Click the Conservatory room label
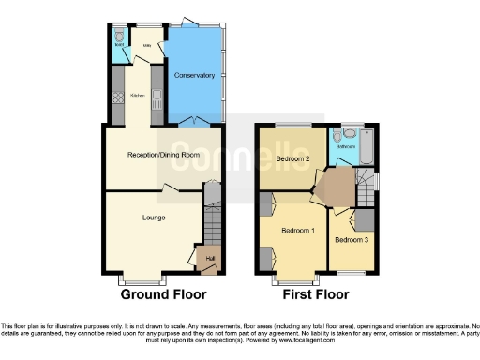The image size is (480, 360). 196,75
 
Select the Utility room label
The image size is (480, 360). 146,44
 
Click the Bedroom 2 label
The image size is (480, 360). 293,158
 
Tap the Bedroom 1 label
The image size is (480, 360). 298,230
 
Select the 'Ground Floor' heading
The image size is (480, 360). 163,293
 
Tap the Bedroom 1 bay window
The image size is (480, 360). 294,278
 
